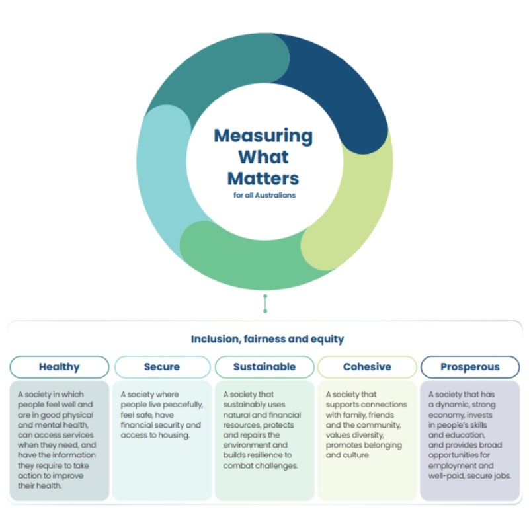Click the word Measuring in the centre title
263,136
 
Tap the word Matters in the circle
263,178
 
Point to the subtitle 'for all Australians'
264,196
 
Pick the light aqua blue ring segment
161,178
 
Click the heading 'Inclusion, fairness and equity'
267,339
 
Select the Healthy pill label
60,367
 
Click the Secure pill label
163,367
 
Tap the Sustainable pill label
264,367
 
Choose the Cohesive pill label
367,367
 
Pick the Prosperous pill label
470,367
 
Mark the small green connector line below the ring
265,303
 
